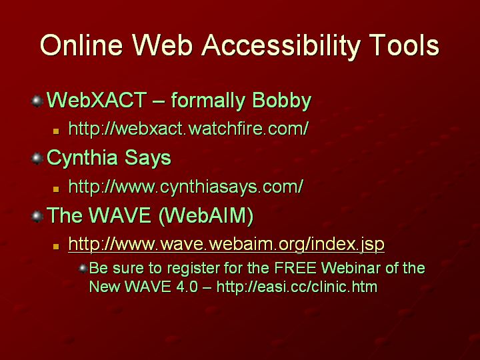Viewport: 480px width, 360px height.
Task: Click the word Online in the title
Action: click(81, 45)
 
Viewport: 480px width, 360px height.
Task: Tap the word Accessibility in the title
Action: click(281, 47)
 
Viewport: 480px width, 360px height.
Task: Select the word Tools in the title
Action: click(404, 45)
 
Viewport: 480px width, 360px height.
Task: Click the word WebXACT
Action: click(97, 100)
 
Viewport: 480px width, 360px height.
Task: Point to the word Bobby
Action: click(281, 101)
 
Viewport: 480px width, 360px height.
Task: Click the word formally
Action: click(208, 101)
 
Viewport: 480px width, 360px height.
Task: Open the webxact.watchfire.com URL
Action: click(188, 128)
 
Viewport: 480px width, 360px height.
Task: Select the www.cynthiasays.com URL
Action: click(186, 186)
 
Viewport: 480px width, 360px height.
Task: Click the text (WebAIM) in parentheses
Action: click(206, 215)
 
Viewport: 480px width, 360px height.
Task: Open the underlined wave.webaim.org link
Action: click(226, 244)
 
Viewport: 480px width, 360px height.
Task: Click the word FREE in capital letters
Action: click(295, 268)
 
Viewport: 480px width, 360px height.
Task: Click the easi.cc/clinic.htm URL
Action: click(297, 287)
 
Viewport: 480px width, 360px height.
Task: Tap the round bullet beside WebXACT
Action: click(37, 101)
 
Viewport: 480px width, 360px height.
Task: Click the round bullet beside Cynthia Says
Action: click(37, 159)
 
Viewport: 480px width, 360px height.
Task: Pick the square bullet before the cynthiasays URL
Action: click(56, 189)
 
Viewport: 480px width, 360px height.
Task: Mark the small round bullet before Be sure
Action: click(83, 269)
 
